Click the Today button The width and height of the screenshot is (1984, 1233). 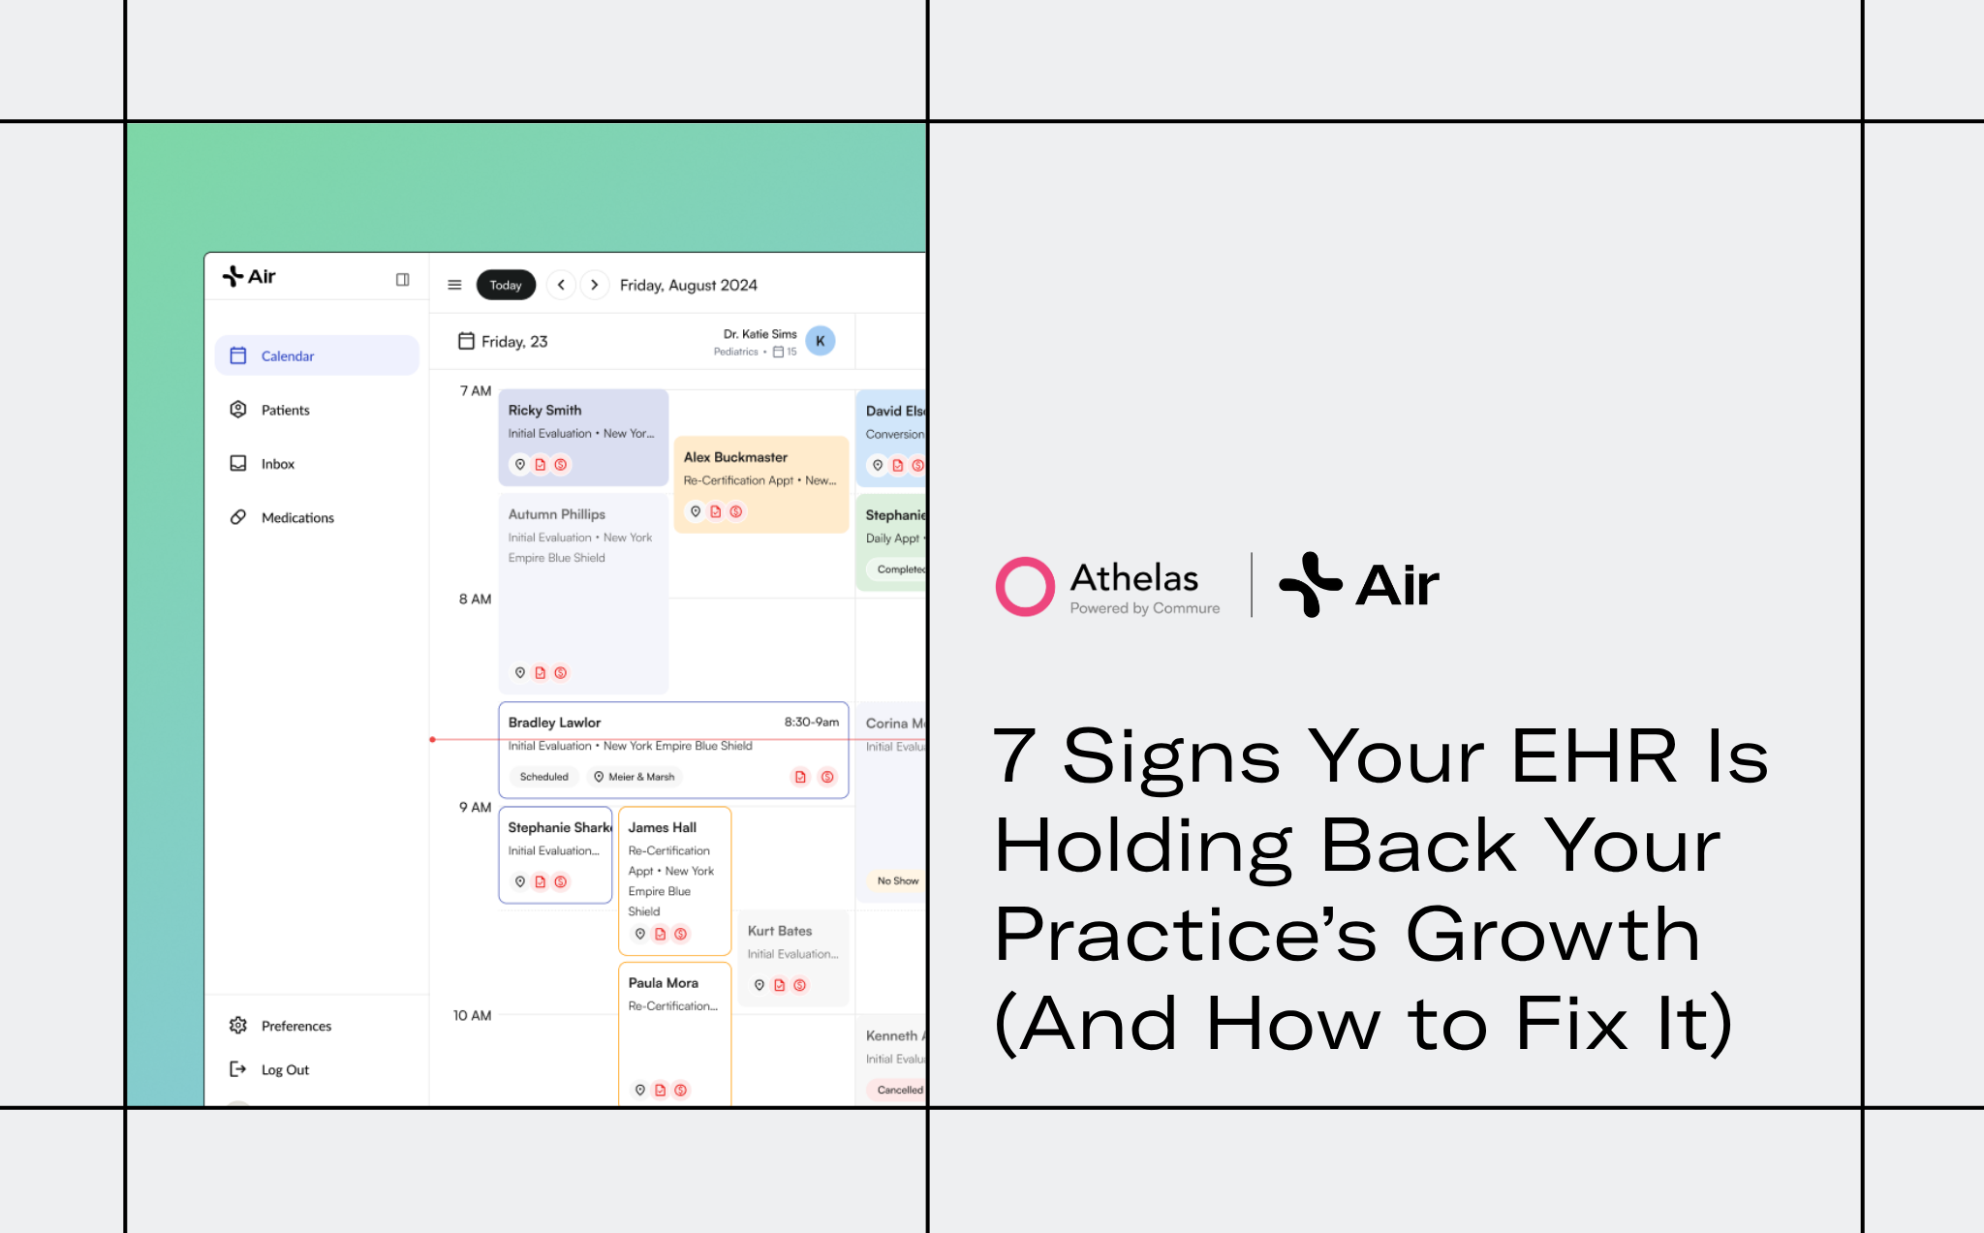pyautogui.click(x=506, y=285)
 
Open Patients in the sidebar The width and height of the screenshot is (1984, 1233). pyautogui.click(x=285, y=410)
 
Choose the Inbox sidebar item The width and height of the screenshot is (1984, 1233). pyautogui.click(x=277, y=464)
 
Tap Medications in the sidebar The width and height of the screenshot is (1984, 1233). pyautogui.click(x=296, y=518)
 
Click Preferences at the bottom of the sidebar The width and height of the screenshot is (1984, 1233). pyautogui.click(x=295, y=1026)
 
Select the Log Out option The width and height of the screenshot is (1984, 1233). pyautogui.click(x=285, y=1069)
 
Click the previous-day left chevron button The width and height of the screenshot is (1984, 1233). pyautogui.click(x=561, y=285)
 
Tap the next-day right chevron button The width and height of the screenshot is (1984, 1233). pyautogui.click(x=595, y=285)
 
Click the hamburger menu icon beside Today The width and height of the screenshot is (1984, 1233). pyautogui.click(x=454, y=285)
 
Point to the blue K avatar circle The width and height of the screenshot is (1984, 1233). pyautogui.click(x=821, y=341)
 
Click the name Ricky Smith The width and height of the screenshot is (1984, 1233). pyautogui.click(x=544, y=410)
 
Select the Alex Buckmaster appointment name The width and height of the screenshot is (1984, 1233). pyautogui.click(x=735, y=457)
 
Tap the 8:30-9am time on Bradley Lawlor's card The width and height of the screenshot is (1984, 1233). pyautogui.click(x=812, y=722)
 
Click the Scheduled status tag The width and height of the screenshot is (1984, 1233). pyautogui.click(x=543, y=777)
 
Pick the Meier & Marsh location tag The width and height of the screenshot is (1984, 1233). pyautogui.click(x=635, y=777)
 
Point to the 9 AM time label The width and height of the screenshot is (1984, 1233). pyautogui.click(x=475, y=807)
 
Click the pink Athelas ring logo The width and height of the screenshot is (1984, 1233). pyautogui.click(x=1025, y=586)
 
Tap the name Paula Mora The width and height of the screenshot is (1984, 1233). pyautogui.click(x=663, y=982)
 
